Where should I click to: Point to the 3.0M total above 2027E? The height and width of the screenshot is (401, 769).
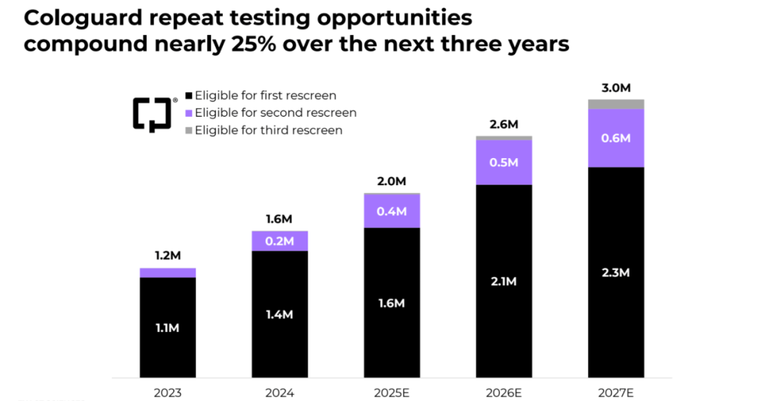click(616, 88)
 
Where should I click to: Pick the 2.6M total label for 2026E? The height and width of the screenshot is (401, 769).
click(503, 125)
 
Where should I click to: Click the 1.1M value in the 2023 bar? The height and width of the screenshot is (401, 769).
click(167, 328)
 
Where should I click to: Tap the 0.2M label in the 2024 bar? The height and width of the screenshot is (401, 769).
click(279, 241)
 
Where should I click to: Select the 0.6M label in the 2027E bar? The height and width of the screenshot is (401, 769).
click(616, 138)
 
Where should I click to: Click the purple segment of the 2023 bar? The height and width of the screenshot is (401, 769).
click(167, 273)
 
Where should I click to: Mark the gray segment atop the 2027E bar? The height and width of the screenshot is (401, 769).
click(616, 104)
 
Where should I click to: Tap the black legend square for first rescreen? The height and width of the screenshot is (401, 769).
click(189, 95)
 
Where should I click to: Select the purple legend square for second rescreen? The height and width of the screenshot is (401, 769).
click(189, 113)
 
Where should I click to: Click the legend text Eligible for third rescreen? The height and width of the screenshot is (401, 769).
click(268, 130)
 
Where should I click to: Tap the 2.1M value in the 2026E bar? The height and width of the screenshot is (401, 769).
click(503, 281)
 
